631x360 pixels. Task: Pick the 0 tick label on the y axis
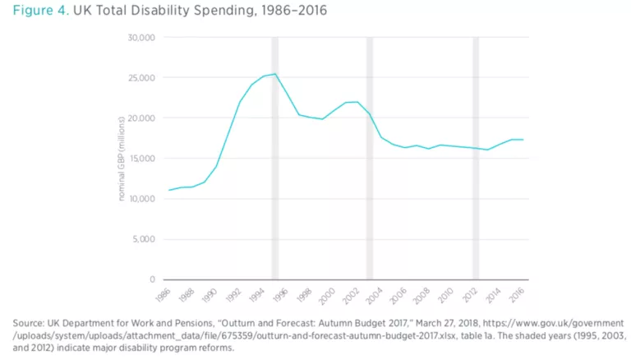153,279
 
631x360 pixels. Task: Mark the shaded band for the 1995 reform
275,156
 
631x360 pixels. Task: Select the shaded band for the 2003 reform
370,156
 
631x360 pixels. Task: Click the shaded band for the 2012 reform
476,156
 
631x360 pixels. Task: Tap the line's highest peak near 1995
275,74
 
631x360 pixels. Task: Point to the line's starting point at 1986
169,190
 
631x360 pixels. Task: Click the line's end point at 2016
523,140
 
